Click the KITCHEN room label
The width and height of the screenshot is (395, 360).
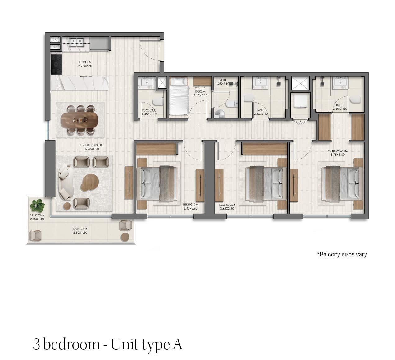coord(85,62)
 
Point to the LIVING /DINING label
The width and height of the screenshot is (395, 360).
coord(92,145)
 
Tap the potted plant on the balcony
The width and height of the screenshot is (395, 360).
coord(37,205)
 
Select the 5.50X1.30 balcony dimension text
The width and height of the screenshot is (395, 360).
coord(80,233)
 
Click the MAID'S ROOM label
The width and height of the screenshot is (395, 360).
coord(200,90)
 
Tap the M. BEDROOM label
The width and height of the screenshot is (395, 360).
coord(338,151)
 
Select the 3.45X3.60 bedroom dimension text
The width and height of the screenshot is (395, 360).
coord(190,208)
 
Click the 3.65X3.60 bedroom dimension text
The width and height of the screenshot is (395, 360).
coord(227,208)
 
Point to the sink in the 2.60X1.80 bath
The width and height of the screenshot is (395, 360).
coord(340,81)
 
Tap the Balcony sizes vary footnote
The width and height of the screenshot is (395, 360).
coord(342,254)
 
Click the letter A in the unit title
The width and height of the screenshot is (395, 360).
coord(177,344)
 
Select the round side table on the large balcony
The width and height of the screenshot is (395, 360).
coord(125,237)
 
